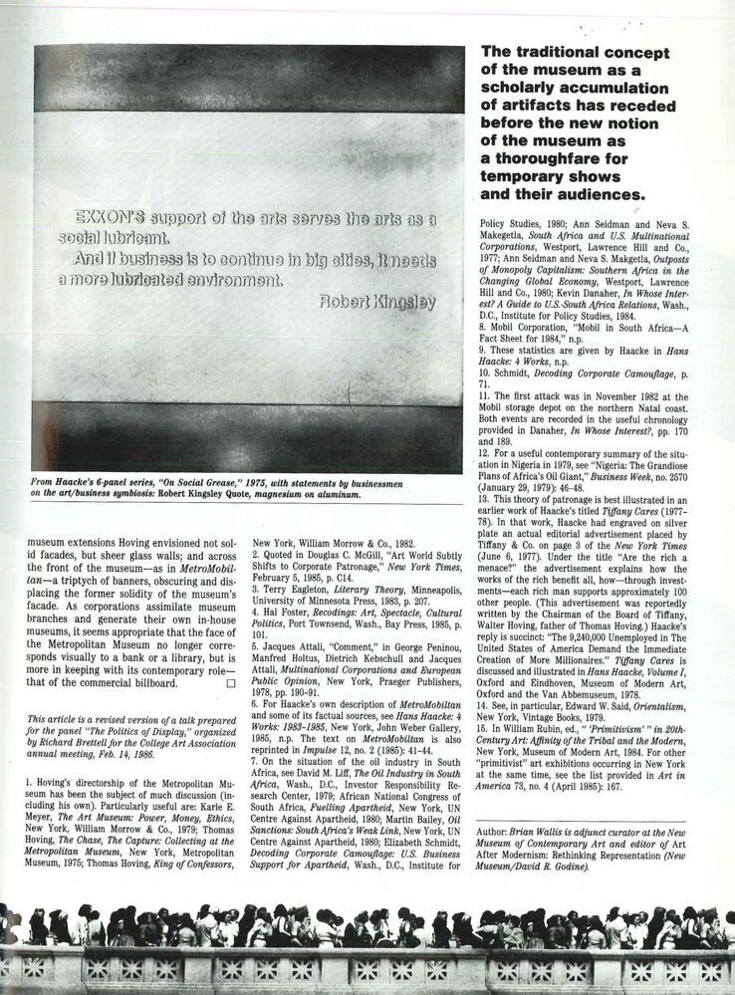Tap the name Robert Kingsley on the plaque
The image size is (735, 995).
(379, 302)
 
